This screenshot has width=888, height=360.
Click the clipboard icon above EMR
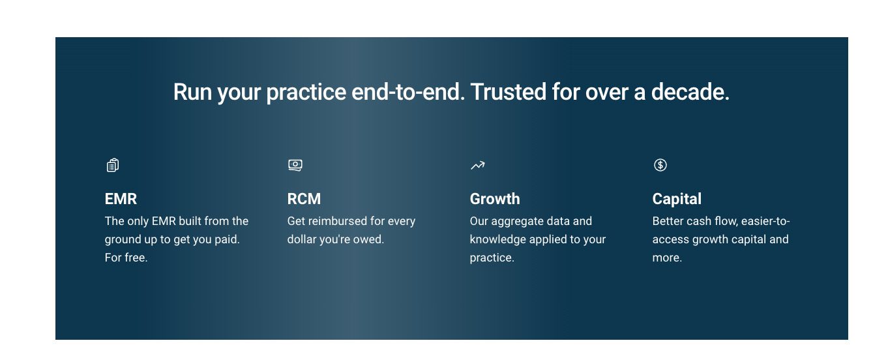click(x=113, y=166)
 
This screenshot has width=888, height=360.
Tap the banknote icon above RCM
click(x=295, y=166)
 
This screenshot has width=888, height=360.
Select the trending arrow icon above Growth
click(x=477, y=166)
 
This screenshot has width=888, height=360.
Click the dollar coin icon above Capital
click(x=660, y=165)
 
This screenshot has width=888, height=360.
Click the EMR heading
click(x=121, y=199)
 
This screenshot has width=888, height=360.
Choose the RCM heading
click(x=304, y=199)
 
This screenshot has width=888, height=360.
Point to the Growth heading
click(x=495, y=199)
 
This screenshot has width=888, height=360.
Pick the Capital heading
click(x=677, y=199)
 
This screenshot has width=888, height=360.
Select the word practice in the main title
click(x=306, y=93)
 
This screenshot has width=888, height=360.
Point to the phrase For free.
click(x=126, y=258)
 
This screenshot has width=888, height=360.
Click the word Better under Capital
click(x=668, y=221)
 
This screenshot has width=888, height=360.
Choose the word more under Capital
click(x=666, y=258)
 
